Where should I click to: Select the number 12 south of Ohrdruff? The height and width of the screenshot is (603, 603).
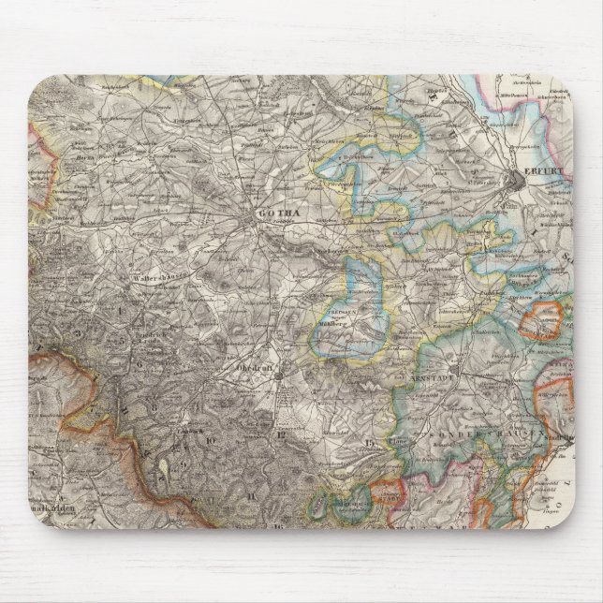(x=279, y=433)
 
